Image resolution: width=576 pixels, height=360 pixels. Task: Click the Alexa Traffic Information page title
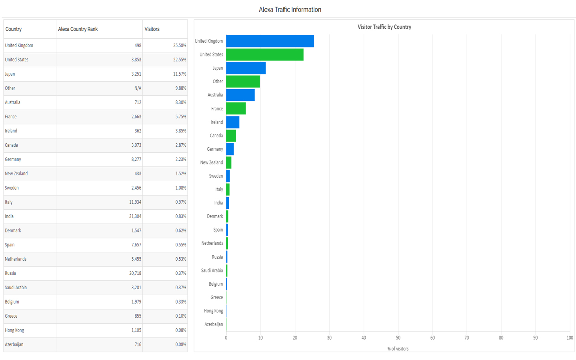click(x=290, y=10)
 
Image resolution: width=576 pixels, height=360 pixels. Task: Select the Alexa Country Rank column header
click(x=78, y=29)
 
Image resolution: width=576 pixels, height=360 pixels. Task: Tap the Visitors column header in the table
click(x=152, y=29)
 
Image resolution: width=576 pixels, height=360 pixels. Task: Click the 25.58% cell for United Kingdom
click(x=180, y=46)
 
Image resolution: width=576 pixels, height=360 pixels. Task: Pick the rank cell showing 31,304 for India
click(x=135, y=216)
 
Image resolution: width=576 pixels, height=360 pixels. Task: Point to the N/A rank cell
click(x=138, y=88)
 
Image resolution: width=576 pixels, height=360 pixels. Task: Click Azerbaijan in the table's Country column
click(x=14, y=344)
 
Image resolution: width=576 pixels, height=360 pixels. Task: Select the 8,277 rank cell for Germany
click(x=136, y=159)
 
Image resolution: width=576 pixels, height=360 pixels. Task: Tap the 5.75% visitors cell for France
click(x=180, y=117)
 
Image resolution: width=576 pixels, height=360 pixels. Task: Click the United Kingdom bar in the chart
click(x=270, y=41)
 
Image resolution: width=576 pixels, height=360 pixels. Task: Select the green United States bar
click(x=264, y=55)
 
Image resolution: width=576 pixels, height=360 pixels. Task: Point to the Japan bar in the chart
click(x=246, y=68)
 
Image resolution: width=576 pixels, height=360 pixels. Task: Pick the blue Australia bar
click(x=240, y=95)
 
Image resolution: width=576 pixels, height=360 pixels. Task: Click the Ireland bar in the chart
click(x=232, y=122)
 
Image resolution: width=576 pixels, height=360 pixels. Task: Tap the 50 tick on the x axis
click(x=398, y=338)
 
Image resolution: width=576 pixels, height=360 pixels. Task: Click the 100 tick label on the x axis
click(x=570, y=338)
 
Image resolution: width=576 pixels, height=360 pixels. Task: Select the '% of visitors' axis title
click(x=398, y=349)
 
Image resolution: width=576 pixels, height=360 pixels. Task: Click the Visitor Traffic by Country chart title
click(x=384, y=27)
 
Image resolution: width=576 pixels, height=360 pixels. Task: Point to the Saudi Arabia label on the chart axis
click(x=212, y=271)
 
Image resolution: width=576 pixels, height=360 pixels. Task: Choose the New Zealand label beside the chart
click(x=211, y=163)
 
